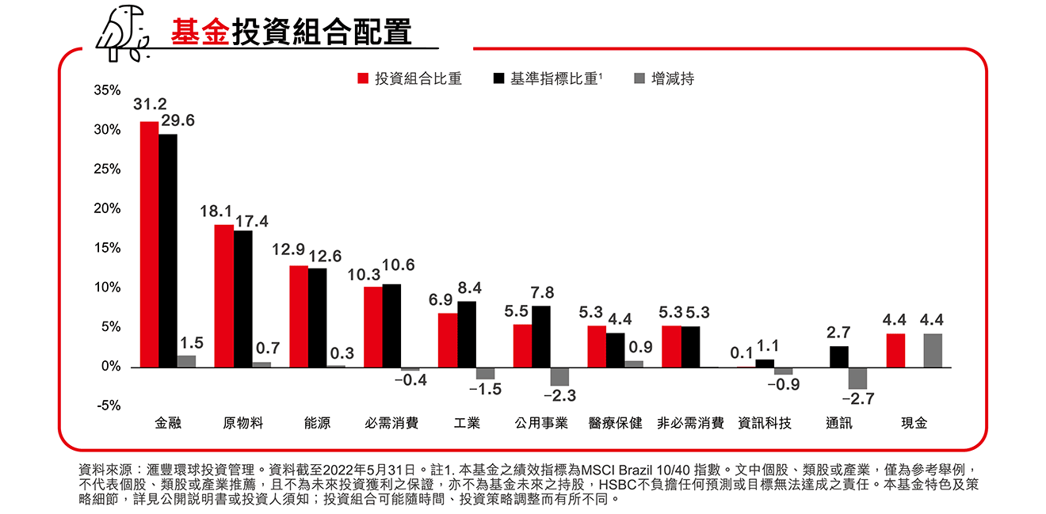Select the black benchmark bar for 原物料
[242, 299]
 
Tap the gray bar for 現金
[933, 350]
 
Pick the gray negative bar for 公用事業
[559, 376]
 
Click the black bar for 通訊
[839, 356]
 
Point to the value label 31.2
[149, 105]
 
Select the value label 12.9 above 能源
[288, 249]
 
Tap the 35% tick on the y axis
[107, 90]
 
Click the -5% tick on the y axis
[109, 405]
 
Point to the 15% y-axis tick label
[107, 248]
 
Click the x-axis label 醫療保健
[616, 423]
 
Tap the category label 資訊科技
[764, 423]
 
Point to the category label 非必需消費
[690, 423]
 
